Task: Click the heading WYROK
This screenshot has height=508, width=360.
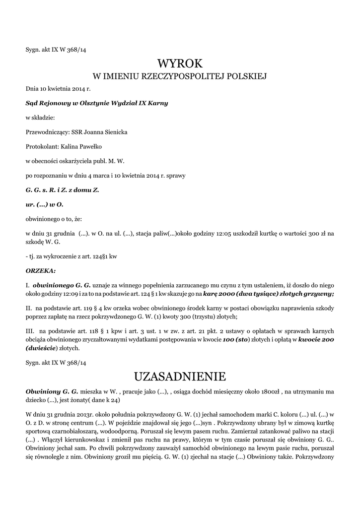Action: pos(180,63)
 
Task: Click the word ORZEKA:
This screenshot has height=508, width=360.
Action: pos(41,271)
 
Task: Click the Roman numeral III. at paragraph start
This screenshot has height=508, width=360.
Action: pos(31,330)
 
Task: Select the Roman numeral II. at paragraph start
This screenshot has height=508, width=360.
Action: pos(29,308)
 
